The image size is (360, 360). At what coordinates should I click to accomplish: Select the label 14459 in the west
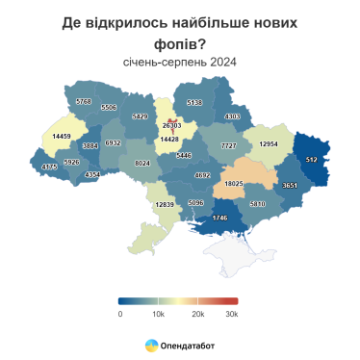point(64,137)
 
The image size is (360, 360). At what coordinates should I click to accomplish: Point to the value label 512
point(311,159)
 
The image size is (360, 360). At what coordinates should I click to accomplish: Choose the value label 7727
point(228,145)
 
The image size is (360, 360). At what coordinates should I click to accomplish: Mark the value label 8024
point(142,164)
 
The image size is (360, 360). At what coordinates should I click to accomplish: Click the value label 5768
point(84,101)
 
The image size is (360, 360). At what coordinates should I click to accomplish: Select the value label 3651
point(291,185)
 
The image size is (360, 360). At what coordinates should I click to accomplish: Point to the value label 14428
point(169,140)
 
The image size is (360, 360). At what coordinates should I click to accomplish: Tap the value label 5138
point(194,102)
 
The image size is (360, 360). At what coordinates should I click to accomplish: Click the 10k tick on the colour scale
point(158,314)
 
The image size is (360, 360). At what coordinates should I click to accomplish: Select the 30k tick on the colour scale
point(231,314)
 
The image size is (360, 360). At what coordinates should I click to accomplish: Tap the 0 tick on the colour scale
point(120,314)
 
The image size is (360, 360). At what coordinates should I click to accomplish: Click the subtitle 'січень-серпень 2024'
point(180,63)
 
